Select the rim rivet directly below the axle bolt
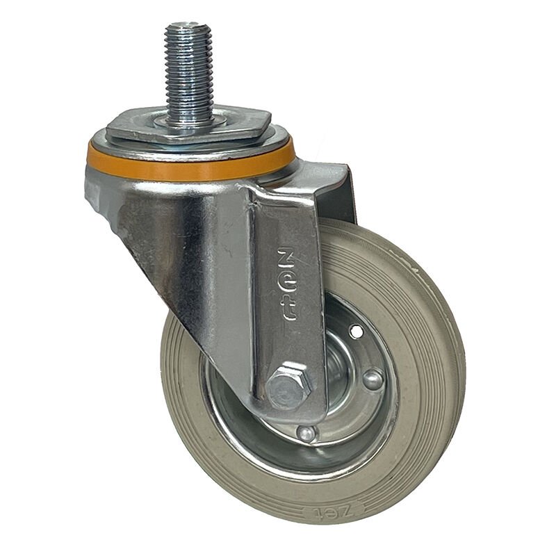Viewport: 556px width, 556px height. click(306, 433)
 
